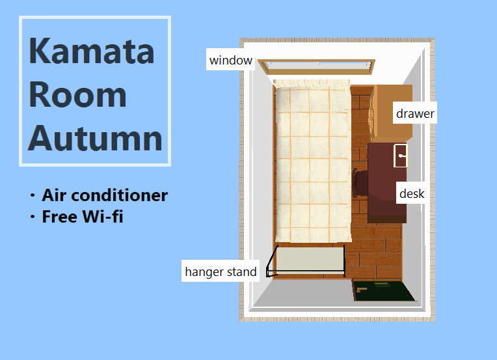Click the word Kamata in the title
click(91, 50)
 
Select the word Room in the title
click(77, 94)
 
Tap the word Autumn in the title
click(95, 138)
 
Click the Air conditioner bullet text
click(105, 195)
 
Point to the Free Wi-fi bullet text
click(83, 217)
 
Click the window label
click(231, 60)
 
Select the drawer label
click(415, 113)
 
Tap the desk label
click(412, 193)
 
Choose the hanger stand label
click(221, 271)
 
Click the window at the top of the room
click(316, 67)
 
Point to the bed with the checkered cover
click(313, 161)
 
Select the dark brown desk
click(387, 183)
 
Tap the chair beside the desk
click(360, 183)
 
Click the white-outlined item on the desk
click(400, 156)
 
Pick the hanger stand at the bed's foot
click(306, 260)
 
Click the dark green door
click(384, 290)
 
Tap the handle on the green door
click(361, 290)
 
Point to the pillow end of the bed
click(312, 84)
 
